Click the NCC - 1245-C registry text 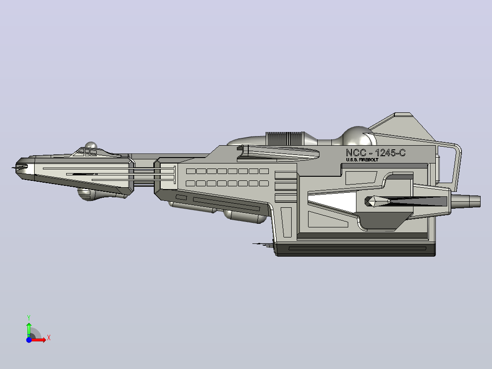pos(376,153)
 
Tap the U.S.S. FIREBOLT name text pos(362,160)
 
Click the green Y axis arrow pos(29,329)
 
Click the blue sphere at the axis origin pos(29,340)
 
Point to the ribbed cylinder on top pos(285,138)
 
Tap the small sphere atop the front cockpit pos(91,145)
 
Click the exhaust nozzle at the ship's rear pos(466,201)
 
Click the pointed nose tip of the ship pos(13,168)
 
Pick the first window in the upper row pos(191,171)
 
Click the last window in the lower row pos(264,184)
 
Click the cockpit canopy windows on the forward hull pos(87,153)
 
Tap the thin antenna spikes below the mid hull pos(262,244)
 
